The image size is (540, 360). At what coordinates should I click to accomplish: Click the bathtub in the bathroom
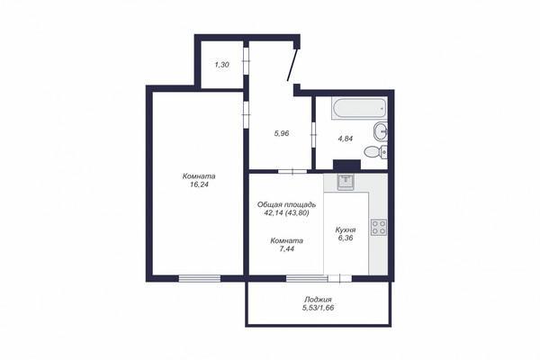(359, 109)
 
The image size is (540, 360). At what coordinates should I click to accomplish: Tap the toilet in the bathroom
(375, 151)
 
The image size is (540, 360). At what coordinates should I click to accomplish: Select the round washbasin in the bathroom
(380, 131)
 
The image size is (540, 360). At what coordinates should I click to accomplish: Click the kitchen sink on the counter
(345, 182)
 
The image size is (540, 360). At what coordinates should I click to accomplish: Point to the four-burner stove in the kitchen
(379, 228)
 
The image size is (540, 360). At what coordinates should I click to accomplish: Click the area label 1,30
(222, 65)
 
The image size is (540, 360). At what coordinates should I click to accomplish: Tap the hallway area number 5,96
(282, 133)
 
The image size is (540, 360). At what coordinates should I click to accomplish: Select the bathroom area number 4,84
(346, 139)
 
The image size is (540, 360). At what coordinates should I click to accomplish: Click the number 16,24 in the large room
(199, 184)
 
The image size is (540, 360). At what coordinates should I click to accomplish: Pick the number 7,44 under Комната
(287, 248)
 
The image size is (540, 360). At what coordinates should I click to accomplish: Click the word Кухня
(346, 229)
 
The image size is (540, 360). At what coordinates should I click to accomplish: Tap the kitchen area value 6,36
(346, 238)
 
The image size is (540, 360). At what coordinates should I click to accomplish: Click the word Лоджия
(318, 300)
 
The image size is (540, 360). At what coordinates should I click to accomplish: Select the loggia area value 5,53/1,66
(318, 308)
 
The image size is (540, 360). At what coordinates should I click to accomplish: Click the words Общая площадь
(287, 204)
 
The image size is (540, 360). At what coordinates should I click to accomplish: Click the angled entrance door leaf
(292, 65)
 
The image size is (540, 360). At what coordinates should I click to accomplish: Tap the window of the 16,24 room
(200, 278)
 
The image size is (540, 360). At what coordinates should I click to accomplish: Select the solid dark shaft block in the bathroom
(346, 165)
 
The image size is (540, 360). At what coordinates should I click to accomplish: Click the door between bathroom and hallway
(313, 135)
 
